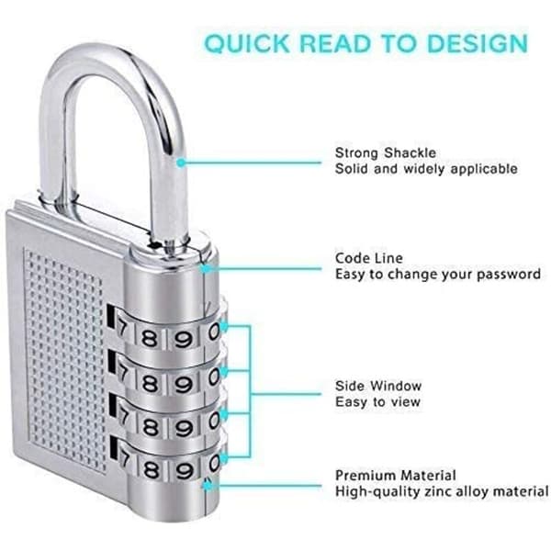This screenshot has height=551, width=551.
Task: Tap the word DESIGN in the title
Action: (478, 43)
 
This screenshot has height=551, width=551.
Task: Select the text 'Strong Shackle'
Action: (386, 152)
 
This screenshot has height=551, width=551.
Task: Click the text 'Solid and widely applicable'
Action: (426, 169)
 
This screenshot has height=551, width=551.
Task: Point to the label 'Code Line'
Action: (369, 258)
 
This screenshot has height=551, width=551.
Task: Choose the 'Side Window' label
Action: (378, 386)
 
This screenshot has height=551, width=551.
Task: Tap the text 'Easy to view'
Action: (377, 401)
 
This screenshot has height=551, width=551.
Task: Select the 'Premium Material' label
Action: (396, 476)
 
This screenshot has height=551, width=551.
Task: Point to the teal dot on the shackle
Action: (181, 163)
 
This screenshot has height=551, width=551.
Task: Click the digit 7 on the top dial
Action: (121, 330)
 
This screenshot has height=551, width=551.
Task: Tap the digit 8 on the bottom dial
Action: (152, 469)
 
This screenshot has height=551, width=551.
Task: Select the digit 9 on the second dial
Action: (183, 384)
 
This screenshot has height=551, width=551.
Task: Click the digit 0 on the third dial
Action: (213, 421)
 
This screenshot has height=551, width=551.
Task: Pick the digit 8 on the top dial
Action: (150, 339)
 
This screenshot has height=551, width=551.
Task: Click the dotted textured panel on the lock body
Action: (65, 360)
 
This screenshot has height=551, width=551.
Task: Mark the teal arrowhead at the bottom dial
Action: (224, 458)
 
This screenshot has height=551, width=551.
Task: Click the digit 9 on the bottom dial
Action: (185, 471)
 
